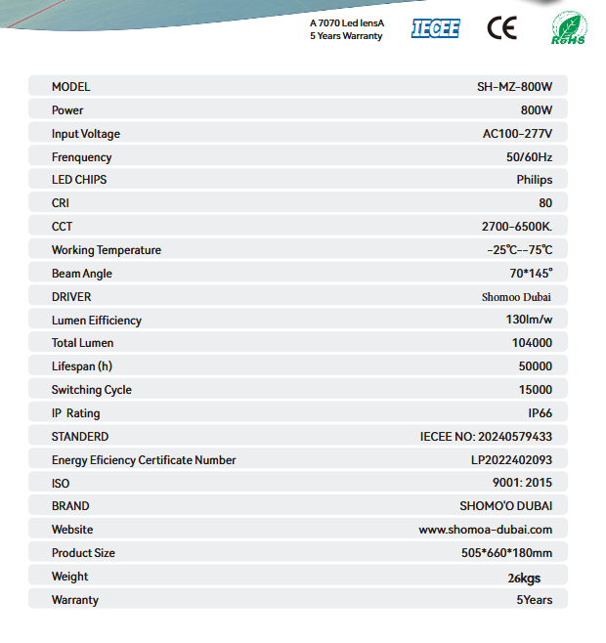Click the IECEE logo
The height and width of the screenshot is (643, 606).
click(x=435, y=27)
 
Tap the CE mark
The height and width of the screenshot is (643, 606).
click(x=501, y=27)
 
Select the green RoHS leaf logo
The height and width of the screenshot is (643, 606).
click(x=569, y=27)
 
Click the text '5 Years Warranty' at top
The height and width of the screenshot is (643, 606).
click(x=346, y=36)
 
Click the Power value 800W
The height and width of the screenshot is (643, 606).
click(x=537, y=110)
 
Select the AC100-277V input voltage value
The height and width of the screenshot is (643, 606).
click(x=517, y=134)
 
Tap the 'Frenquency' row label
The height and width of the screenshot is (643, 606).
click(x=82, y=157)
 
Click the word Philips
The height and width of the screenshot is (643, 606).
click(x=534, y=180)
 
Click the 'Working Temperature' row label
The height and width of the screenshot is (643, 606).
click(x=107, y=250)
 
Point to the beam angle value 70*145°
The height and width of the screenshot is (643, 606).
click(x=531, y=274)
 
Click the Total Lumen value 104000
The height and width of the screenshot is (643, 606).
click(x=532, y=343)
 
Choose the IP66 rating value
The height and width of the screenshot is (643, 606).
click(x=540, y=413)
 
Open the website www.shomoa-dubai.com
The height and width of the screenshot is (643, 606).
click(x=486, y=530)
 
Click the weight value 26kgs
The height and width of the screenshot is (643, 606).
click(x=524, y=578)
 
